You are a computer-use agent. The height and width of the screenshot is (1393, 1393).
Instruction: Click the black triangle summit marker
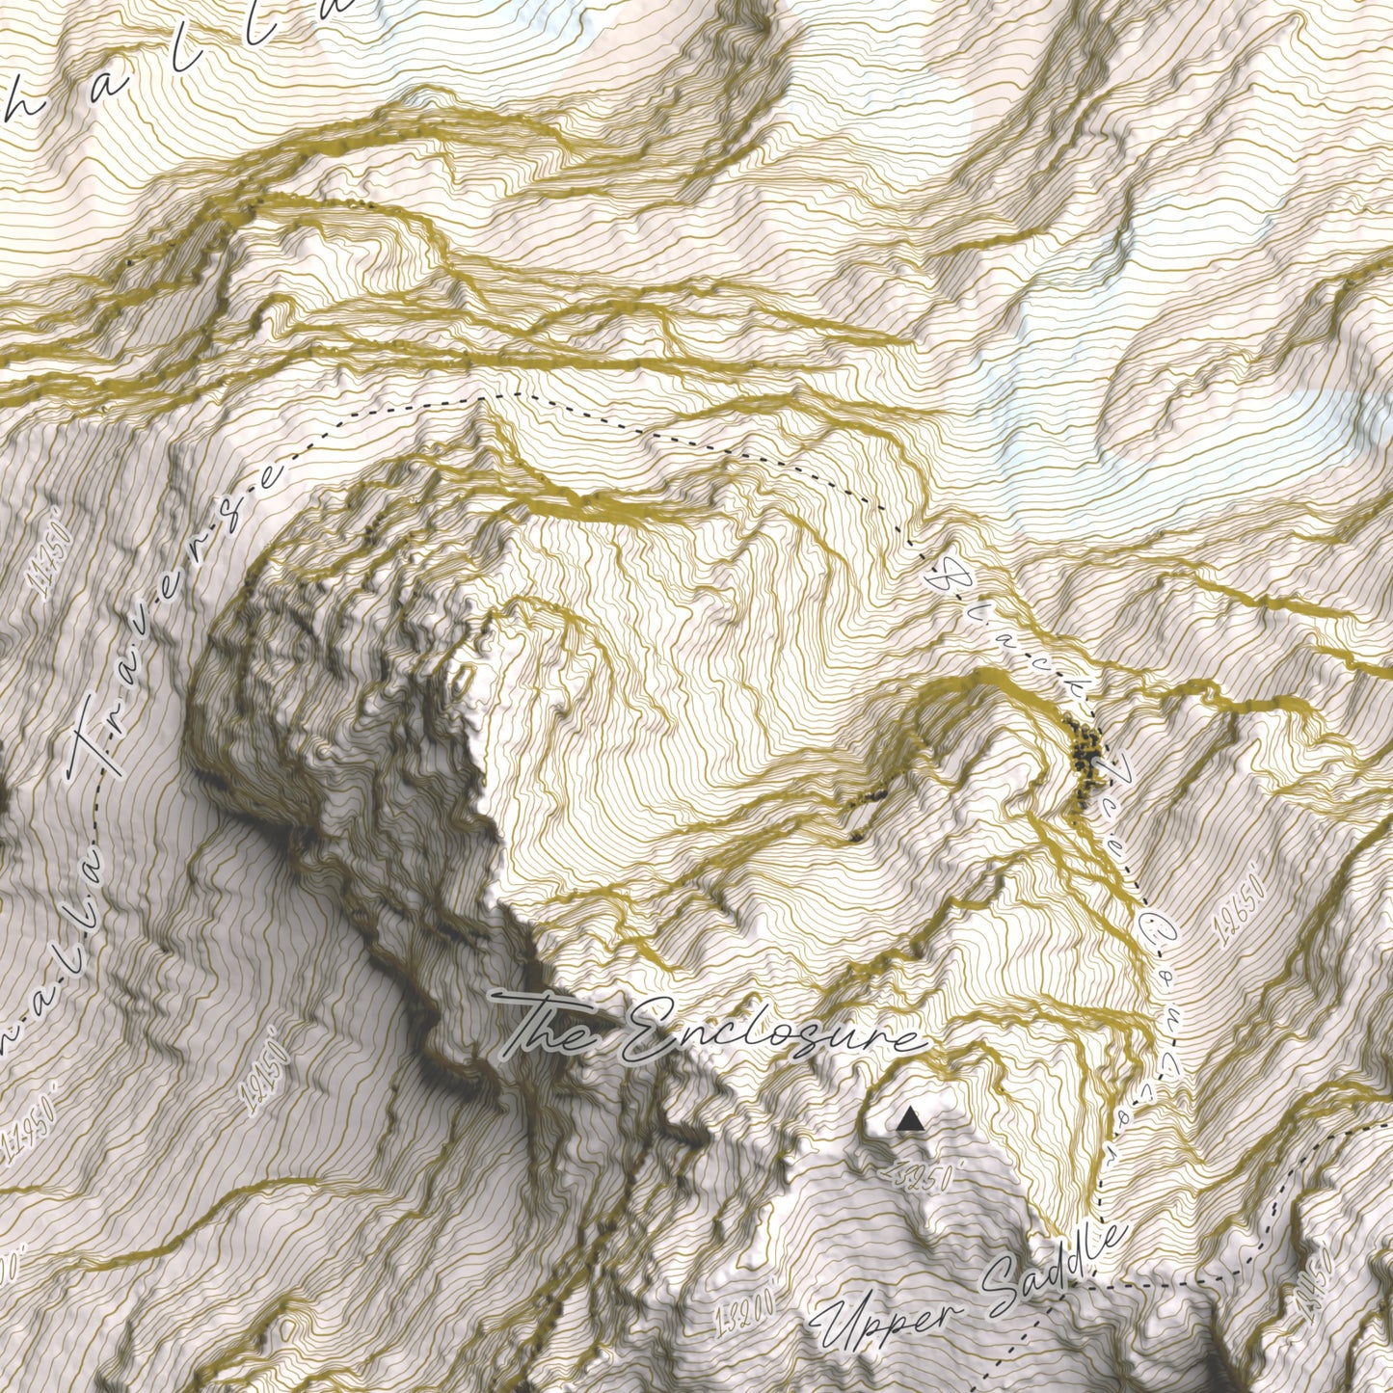pos(908,1120)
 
